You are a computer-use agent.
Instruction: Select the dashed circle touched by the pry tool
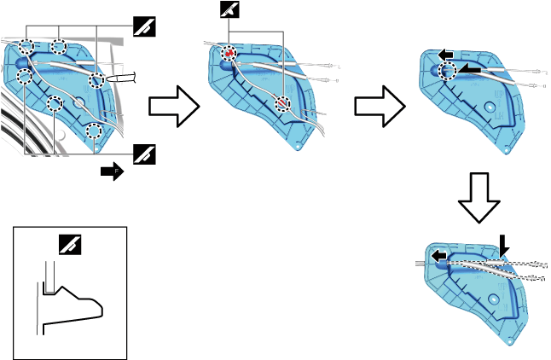96,81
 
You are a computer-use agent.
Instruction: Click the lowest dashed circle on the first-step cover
95,131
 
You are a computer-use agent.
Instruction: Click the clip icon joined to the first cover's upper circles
144,26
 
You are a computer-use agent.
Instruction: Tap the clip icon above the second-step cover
229,11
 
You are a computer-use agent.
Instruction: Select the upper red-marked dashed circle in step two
228,54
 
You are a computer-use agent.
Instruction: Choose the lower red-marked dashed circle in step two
282,102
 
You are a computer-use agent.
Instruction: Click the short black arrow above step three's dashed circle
444,55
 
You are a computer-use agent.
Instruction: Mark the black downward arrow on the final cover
504,245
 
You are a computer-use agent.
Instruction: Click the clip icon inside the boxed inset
70,245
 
